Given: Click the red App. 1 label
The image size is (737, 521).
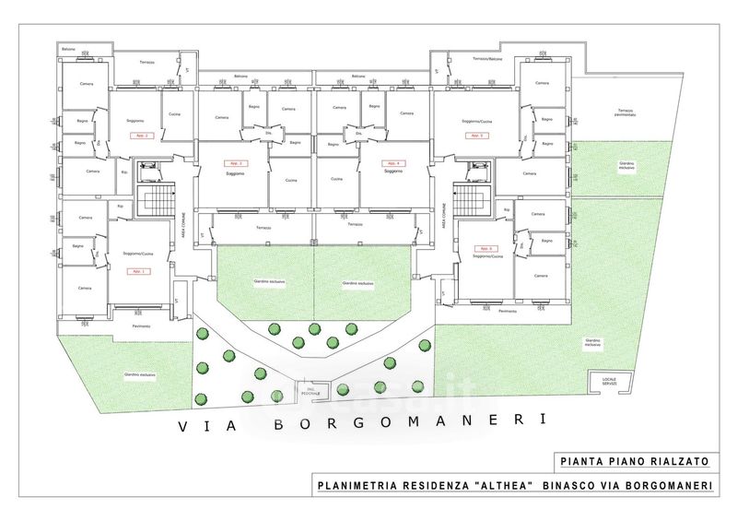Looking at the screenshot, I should (137, 272).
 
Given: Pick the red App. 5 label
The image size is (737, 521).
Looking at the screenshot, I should (476, 136).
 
